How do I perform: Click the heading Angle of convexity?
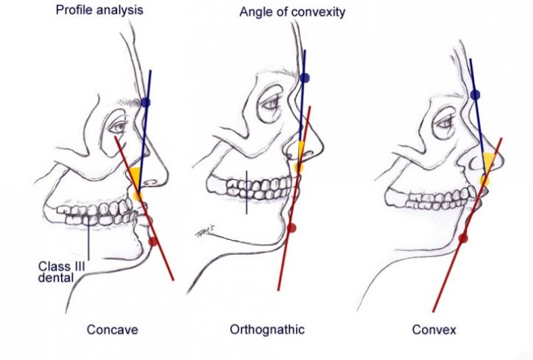coord(291,13)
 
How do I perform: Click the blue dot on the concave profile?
coord(145,102)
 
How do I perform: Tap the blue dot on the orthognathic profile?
coord(304,78)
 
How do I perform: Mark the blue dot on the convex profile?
coord(475,94)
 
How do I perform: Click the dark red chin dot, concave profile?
coord(154,241)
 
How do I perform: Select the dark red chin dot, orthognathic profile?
coord(291,227)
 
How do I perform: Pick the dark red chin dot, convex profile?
coord(463,239)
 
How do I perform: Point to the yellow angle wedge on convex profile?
coord(488,165)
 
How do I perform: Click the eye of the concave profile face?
coord(122,127)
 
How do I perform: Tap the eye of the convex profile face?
coord(447,119)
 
